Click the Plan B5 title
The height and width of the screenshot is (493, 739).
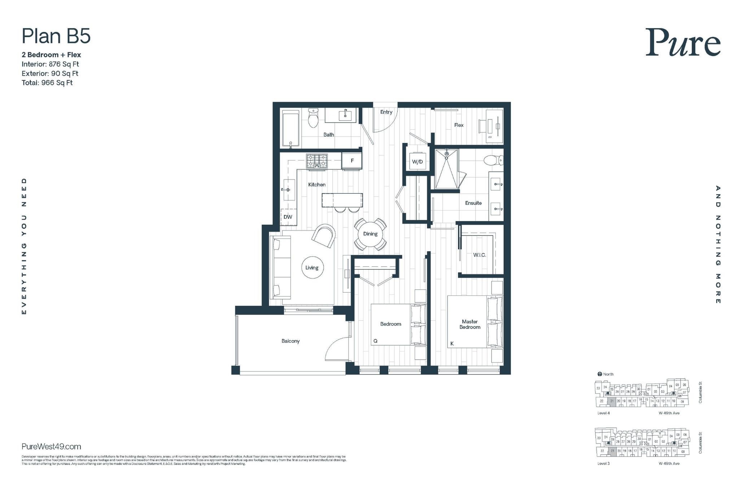pos(56,36)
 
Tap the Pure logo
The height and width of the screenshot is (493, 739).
pos(683,43)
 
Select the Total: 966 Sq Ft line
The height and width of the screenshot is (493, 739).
pos(47,83)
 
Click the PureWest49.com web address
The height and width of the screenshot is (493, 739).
pos(51,446)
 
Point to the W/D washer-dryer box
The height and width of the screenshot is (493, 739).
pos(417,161)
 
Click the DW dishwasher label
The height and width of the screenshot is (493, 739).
pos(288,217)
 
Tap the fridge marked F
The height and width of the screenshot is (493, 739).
pos(352,161)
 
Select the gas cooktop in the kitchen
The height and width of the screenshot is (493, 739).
pos(317,161)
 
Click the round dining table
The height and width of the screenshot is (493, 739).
pos(370,234)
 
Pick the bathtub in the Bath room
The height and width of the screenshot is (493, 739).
pos(290,129)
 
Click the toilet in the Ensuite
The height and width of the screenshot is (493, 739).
pos(493,160)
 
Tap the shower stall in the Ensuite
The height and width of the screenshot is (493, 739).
pos(447,169)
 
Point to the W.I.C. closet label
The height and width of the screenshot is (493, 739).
pos(479,255)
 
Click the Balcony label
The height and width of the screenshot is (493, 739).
pos(290,341)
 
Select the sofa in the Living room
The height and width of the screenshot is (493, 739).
pos(280,267)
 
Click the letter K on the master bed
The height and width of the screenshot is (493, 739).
pos(452,343)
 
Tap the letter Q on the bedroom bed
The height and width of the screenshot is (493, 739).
pos(375,341)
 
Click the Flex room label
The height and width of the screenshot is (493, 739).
pos(459,125)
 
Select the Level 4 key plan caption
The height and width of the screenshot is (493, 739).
pos(603,413)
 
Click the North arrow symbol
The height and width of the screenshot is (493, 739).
pos(600,374)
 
